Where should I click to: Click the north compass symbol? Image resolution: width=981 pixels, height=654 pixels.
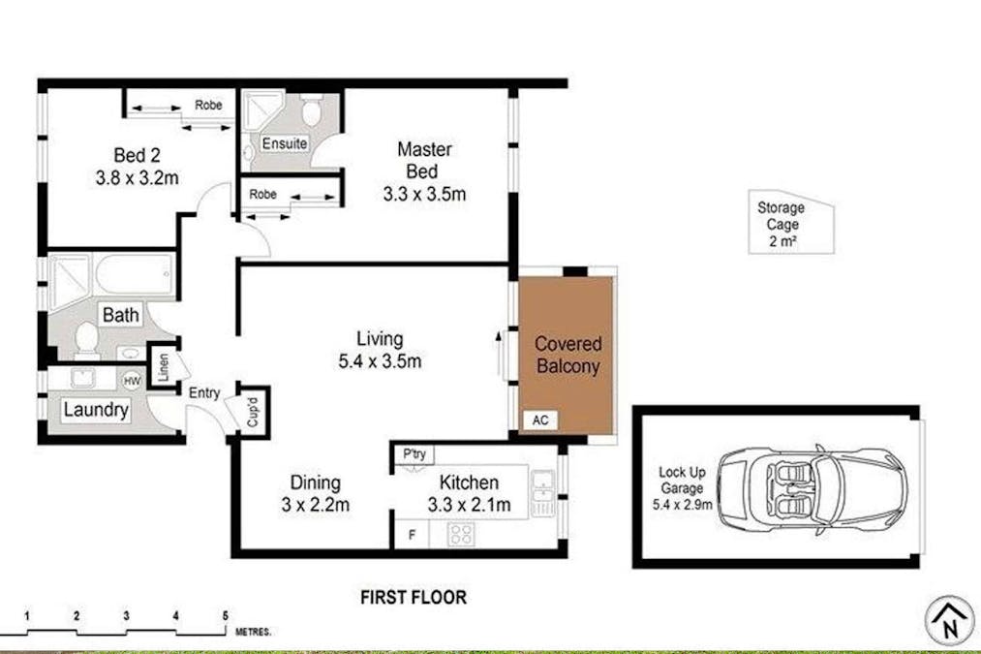coord(950,620)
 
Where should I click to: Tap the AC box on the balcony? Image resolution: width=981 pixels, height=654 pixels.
coord(540,420)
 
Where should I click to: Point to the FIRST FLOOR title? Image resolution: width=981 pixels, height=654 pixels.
coord(414,597)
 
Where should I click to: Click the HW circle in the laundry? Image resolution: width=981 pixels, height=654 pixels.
coord(132,381)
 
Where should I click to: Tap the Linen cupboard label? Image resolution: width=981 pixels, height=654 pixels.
coord(164,368)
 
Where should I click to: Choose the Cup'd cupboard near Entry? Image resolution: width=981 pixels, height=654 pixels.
coord(253,412)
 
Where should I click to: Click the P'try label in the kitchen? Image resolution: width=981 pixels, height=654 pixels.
coord(414,453)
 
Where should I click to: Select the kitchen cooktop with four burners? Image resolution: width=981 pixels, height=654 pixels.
coord(461,535)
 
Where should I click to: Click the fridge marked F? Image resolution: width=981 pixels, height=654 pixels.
coord(412,535)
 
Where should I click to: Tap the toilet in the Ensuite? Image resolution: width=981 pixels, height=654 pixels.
coord(311,110)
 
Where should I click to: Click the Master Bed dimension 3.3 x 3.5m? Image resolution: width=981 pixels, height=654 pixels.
coord(424,194)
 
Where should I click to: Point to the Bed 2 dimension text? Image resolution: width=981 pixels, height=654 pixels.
coord(137,177)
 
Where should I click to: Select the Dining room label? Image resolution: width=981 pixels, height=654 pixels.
coord(316,483)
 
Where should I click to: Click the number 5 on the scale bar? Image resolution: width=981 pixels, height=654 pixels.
coord(226,616)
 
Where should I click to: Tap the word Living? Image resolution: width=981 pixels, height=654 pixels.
coord(380,338)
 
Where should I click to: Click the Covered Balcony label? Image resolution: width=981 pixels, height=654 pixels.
coord(568,355)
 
